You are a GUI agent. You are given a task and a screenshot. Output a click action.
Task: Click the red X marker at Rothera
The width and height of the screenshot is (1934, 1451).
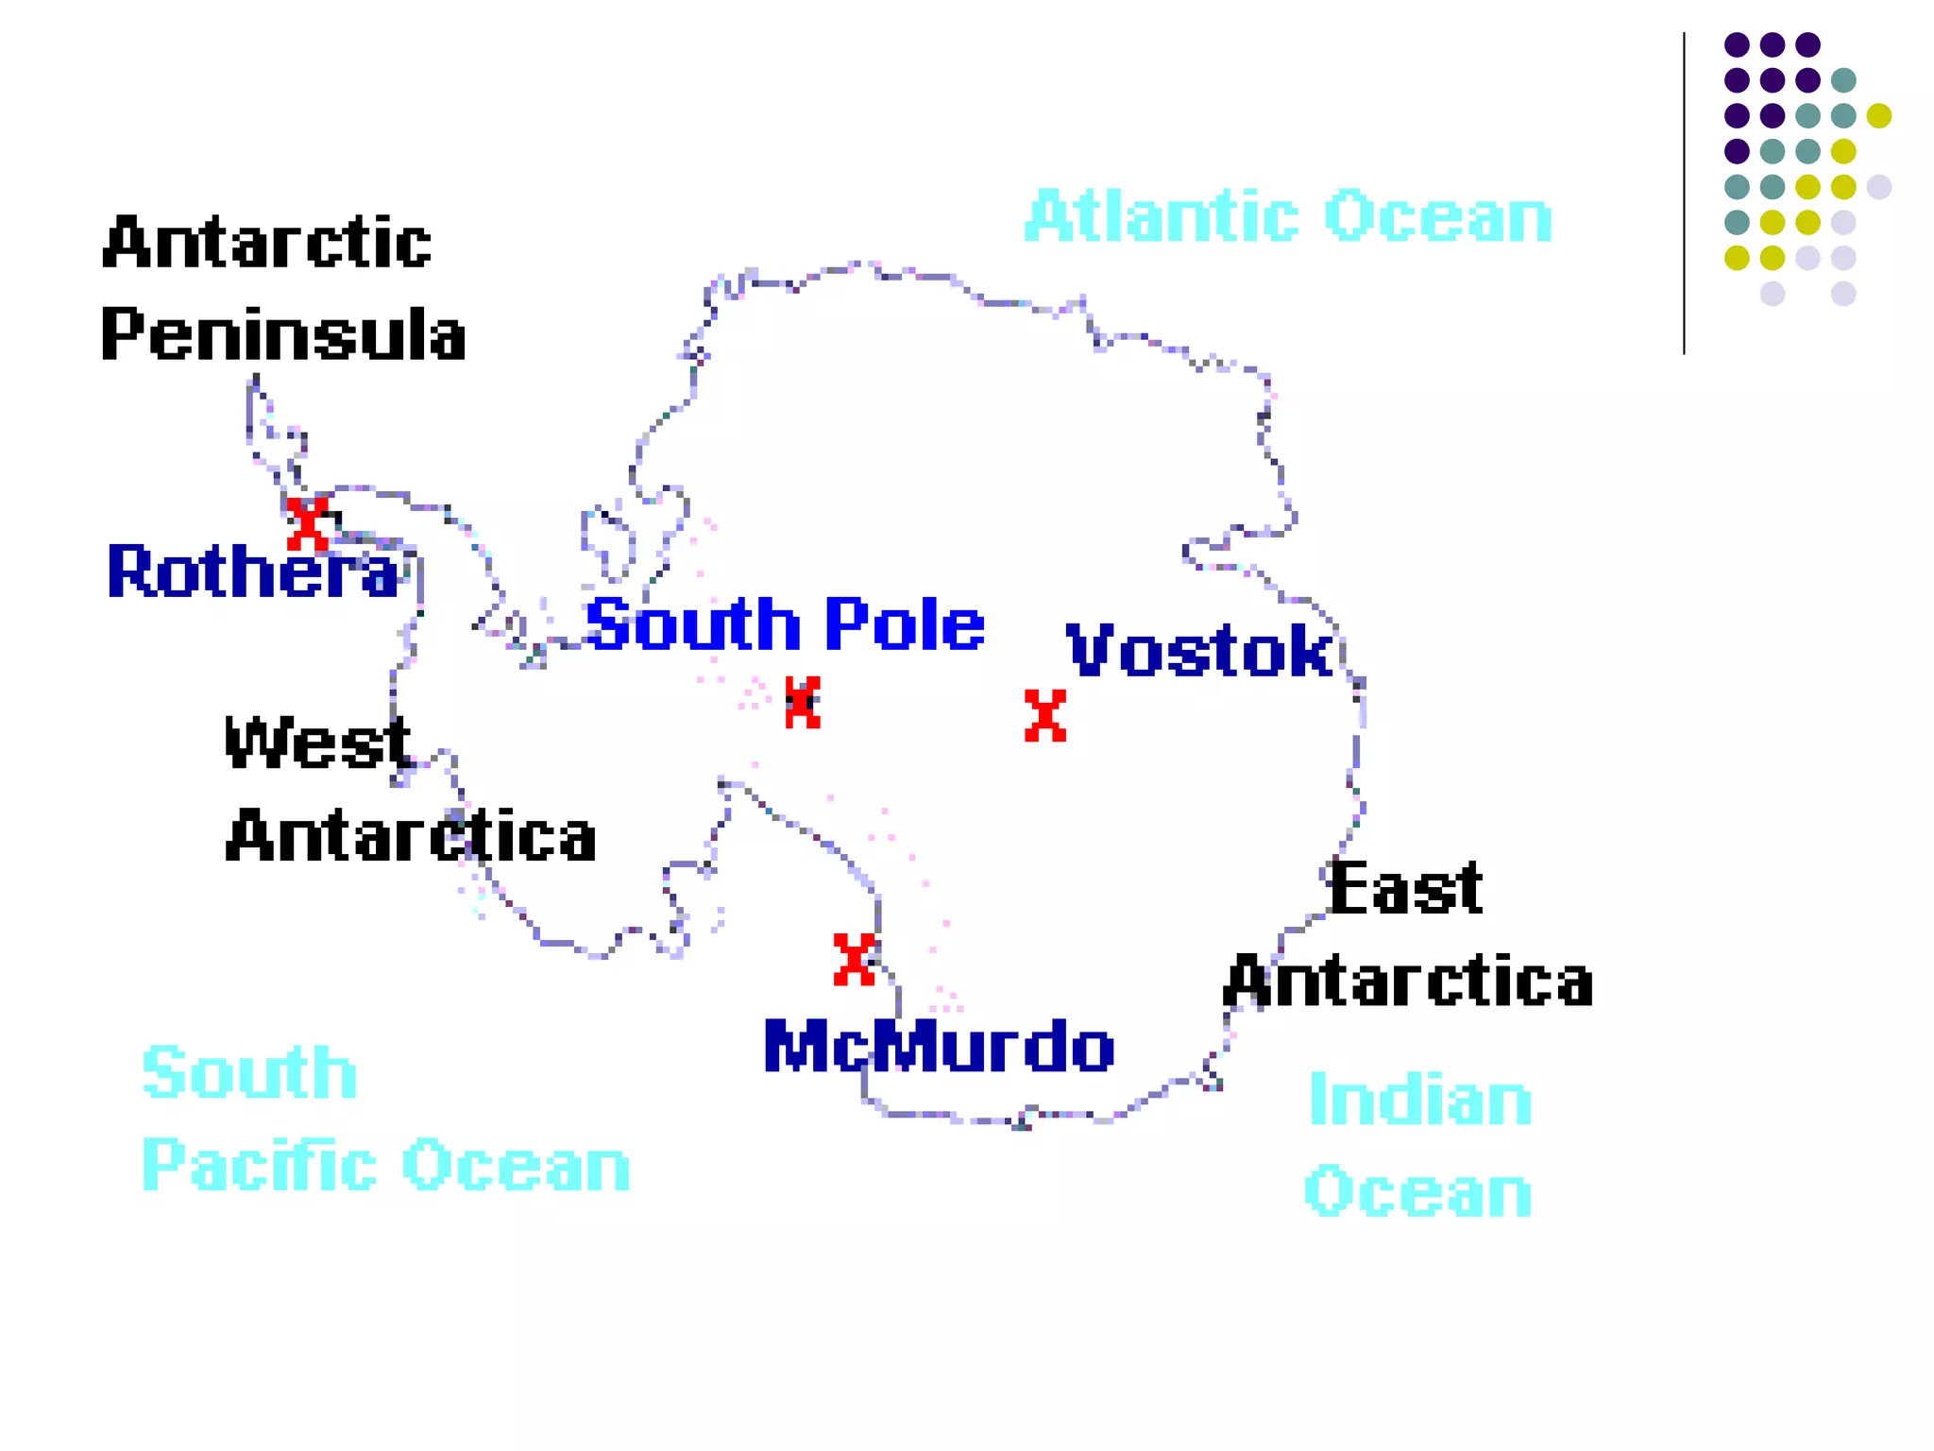308,524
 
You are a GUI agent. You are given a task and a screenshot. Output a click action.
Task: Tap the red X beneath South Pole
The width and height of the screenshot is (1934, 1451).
803,702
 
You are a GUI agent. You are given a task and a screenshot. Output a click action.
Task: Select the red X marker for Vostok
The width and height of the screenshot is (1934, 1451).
1045,715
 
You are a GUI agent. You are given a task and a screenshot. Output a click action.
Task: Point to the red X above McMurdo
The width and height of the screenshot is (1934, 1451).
855,959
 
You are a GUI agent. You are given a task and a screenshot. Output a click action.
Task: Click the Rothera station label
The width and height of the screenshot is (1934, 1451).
253,572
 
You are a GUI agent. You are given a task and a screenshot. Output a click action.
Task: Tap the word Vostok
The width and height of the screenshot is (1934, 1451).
1199,650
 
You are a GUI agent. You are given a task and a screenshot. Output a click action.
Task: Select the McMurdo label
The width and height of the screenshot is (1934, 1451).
939,1047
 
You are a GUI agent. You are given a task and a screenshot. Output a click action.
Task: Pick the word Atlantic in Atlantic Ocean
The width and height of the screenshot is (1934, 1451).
1162,216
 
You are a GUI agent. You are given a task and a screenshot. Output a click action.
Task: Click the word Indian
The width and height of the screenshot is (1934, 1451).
1420,1100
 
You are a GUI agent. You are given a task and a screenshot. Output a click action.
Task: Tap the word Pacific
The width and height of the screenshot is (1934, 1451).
261,1165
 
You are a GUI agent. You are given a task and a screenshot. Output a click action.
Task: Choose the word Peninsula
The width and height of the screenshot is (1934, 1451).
283,334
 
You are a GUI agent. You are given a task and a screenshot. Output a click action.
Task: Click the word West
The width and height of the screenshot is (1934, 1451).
318,743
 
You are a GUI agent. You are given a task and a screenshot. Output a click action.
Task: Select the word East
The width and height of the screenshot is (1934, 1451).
1405,888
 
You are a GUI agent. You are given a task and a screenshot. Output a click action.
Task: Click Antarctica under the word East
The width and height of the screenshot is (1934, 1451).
1408,981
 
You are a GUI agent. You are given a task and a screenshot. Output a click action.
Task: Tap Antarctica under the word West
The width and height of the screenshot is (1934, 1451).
411,836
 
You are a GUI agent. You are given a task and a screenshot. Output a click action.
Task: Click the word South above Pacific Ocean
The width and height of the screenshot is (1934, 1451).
249,1072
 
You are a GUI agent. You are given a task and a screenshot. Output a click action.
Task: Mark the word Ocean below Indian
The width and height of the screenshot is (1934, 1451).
1418,1191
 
